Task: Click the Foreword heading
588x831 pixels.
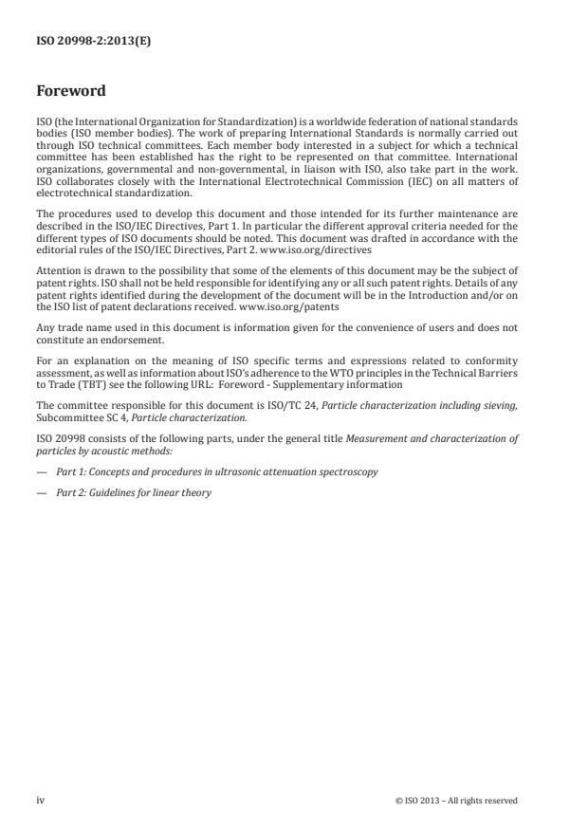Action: pyautogui.click(x=70, y=92)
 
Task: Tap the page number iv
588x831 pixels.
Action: pyautogui.click(x=41, y=800)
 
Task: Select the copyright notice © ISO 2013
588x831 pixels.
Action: pyautogui.click(x=456, y=800)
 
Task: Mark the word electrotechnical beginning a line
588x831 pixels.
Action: pyautogui.click(x=70, y=190)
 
